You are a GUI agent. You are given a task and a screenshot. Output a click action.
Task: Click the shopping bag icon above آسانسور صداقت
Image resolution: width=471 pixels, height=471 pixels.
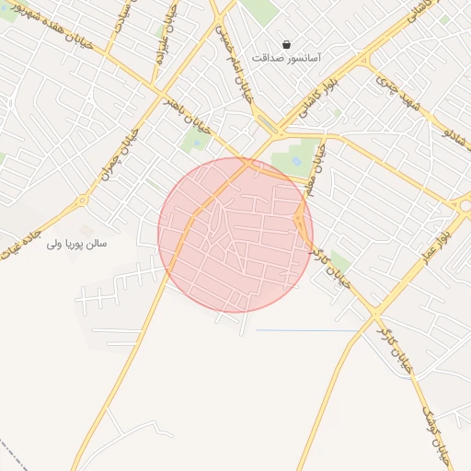click(x=288, y=44)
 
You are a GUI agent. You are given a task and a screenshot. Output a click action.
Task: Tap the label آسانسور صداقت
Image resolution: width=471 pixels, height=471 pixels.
click(x=288, y=58)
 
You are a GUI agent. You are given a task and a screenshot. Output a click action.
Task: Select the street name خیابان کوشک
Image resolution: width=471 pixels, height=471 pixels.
click(x=436, y=431)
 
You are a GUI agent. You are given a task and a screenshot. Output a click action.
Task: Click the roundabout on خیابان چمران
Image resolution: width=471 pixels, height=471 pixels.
click(x=82, y=200)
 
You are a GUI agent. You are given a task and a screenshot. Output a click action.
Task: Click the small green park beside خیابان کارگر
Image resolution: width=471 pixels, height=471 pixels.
click(x=339, y=260)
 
